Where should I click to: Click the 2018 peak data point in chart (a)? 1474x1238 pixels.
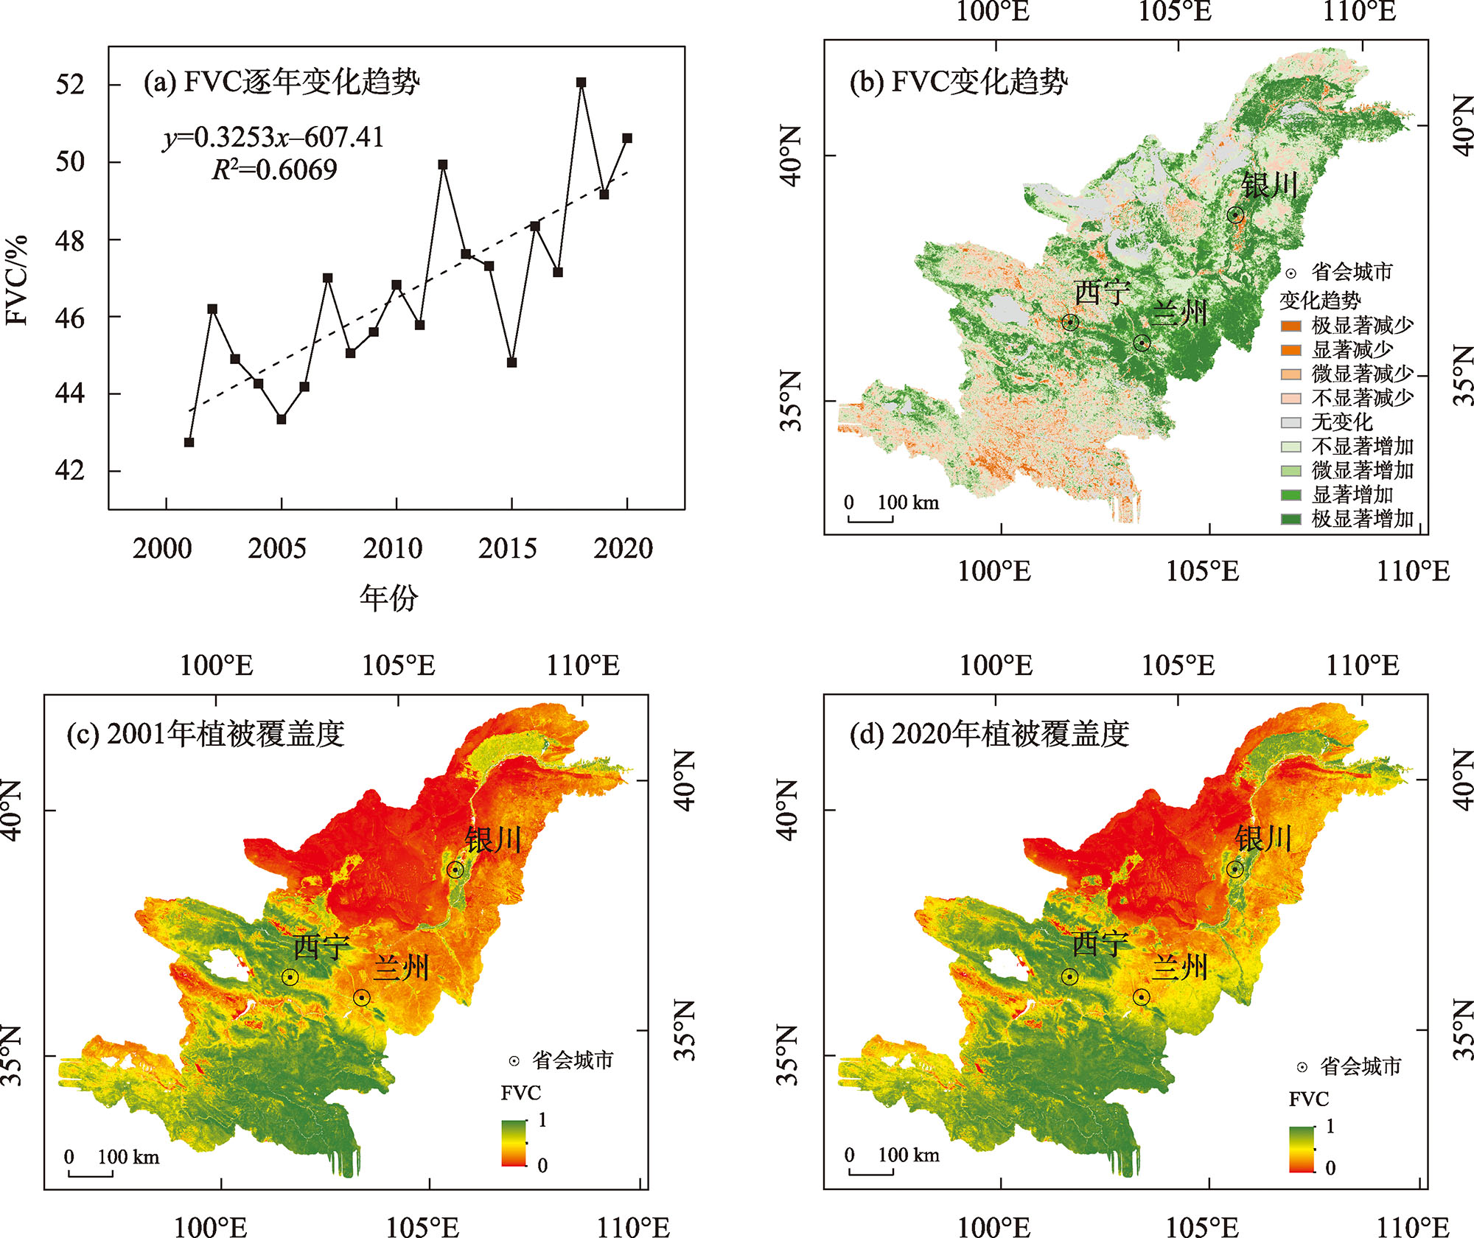pos(581,83)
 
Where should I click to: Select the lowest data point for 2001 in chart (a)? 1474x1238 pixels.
pos(189,442)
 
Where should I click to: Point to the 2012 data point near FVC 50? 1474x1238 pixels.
pos(443,165)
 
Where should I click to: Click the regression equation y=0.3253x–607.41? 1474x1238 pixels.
pos(273,138)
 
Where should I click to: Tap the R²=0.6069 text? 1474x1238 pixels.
pos(274,170)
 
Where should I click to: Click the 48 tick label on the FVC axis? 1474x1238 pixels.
pos(70,240)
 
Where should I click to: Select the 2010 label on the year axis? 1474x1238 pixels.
pos(393,549)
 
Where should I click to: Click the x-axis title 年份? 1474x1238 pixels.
pos(389,598)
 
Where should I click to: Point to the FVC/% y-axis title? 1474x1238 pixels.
pos(16,280)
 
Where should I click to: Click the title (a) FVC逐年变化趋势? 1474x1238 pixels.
pos(282,82)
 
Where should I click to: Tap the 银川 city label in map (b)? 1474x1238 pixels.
pos(1269,185)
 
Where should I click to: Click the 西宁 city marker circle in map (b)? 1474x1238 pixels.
pos(1070,322)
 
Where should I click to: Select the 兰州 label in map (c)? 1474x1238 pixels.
pos(401,968)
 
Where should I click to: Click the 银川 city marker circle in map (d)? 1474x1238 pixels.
pos(1235,870)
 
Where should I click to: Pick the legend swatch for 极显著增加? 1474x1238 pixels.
pos(1290,520)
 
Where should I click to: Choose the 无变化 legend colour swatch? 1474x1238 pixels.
pos(1290,422)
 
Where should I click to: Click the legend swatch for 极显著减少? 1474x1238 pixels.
pos(1290,326)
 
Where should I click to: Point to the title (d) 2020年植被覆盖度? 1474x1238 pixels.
pos(989,735)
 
